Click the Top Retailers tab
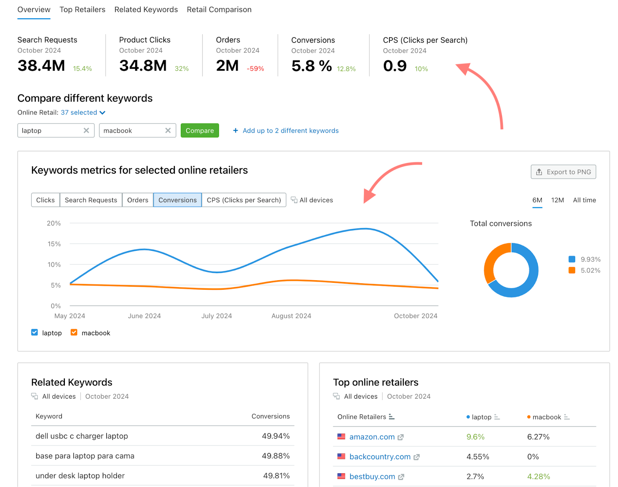point(82,10)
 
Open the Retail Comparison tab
point(219,10)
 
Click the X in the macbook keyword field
point(168,130)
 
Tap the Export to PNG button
point(563,172)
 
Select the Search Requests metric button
point(91,200)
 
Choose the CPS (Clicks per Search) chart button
point(244,200)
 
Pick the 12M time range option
point(557,200)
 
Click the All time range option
point(584,200)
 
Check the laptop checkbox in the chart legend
point(35,333)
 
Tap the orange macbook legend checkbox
point(74,333)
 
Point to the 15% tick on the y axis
point(54,244)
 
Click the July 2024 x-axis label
point(217,316)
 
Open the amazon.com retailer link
point(372,437)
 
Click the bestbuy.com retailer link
point(372,477)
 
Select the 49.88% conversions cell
point(275,456)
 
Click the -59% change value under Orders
point(255,69)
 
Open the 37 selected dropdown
point(83,113)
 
